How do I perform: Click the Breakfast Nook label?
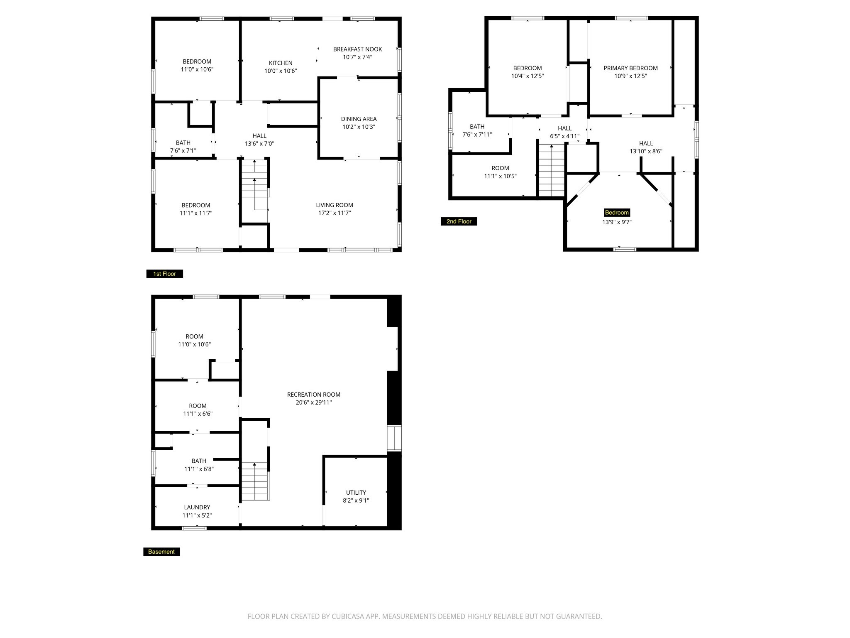[357, 49]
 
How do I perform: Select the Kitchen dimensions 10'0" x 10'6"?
[281, 71]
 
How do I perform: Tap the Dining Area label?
[359, 119]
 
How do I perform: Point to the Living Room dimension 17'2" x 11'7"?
[334, 213]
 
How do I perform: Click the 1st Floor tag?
[165, 274]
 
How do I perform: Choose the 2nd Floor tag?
[459, 221]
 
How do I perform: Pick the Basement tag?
[161, 552]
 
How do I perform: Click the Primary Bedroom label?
[630, 68]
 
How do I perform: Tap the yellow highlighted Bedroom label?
[617, 213]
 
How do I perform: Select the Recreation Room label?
[314, 395]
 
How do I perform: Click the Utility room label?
[356, 493]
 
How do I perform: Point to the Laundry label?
[197, 507]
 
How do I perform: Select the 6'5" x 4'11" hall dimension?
[564, 136]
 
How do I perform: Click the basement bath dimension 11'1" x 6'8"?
[199, 469]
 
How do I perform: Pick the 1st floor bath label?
[183, 143]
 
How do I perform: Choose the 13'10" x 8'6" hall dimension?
[646, 152]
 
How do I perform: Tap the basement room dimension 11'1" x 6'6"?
[198, 414]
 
